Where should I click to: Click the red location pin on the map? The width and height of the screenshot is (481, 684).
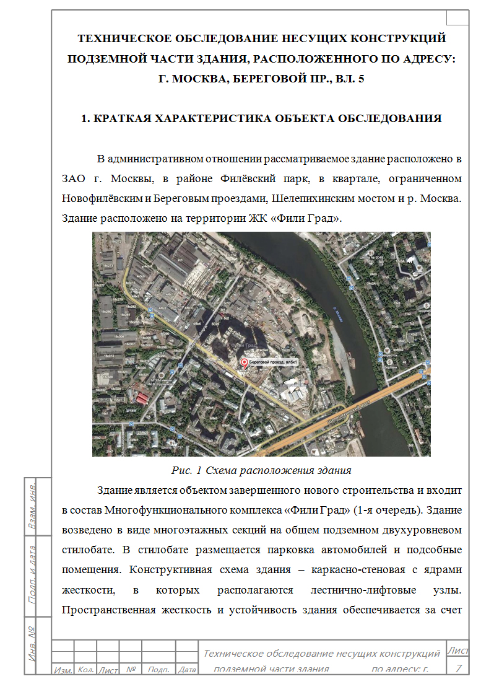[x=244, y=363]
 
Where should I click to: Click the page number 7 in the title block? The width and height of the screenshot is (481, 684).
[x=458, y=667]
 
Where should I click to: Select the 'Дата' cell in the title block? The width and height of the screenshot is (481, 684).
[x=186, y=670]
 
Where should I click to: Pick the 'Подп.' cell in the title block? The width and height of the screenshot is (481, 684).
[x=159, y=670]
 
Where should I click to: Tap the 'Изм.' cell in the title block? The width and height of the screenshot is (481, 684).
[x=63, y=670]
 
